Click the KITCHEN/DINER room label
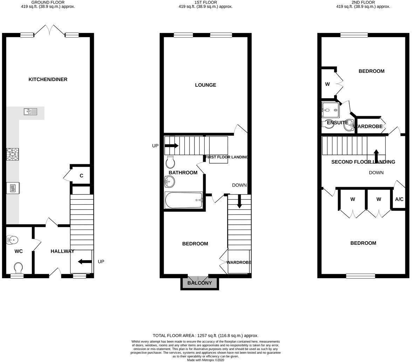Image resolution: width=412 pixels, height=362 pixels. (48, 79)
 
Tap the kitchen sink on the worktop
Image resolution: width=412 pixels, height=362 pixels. (30, 112)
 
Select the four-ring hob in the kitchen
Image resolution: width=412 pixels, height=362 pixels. (13, 154)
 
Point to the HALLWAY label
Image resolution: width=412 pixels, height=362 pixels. (62, 251)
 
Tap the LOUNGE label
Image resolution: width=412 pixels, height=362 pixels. (205, 85)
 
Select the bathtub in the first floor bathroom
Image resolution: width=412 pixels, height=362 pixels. (184, 200)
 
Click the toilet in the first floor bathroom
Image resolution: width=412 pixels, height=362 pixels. (171, 162)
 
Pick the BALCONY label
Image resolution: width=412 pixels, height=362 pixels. (199, 283)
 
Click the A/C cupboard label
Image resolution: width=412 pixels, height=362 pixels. (399, 199)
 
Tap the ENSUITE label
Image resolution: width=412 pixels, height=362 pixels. (337, 123)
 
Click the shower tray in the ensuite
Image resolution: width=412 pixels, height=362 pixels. (330, 110)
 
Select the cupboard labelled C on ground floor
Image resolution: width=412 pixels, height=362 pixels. (81, 176)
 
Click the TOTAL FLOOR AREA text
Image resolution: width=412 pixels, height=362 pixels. (205, 336)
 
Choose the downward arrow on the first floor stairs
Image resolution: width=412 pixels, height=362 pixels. (239, 203)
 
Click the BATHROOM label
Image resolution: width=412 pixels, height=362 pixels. (183, 173)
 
